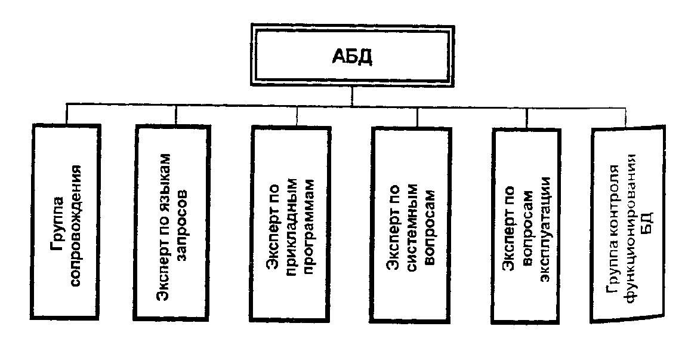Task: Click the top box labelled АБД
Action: pos(351,58)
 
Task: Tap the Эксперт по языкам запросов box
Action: pos(174,220)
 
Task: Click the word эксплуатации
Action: pos(543,226)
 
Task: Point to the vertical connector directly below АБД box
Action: pos(352,95)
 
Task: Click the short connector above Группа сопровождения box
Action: pos(66,114)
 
